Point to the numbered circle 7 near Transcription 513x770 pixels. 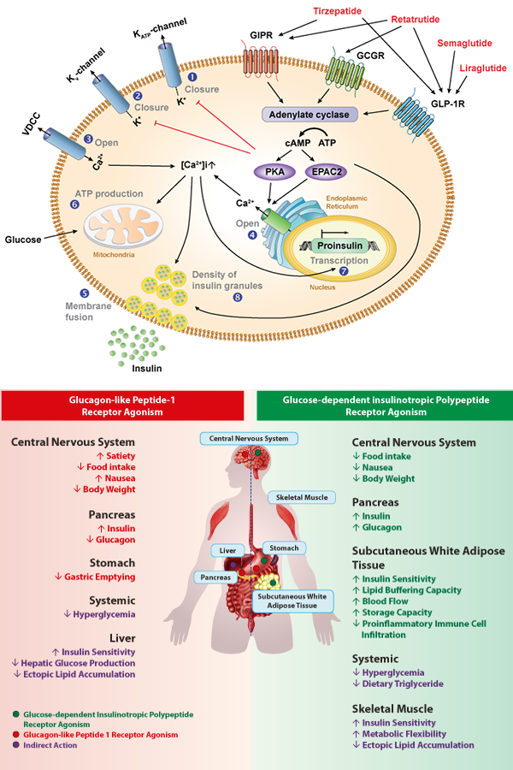tap(345, 271)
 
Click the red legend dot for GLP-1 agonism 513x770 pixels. tap(16, 735)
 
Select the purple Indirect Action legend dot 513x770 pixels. tap(16, 746)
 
